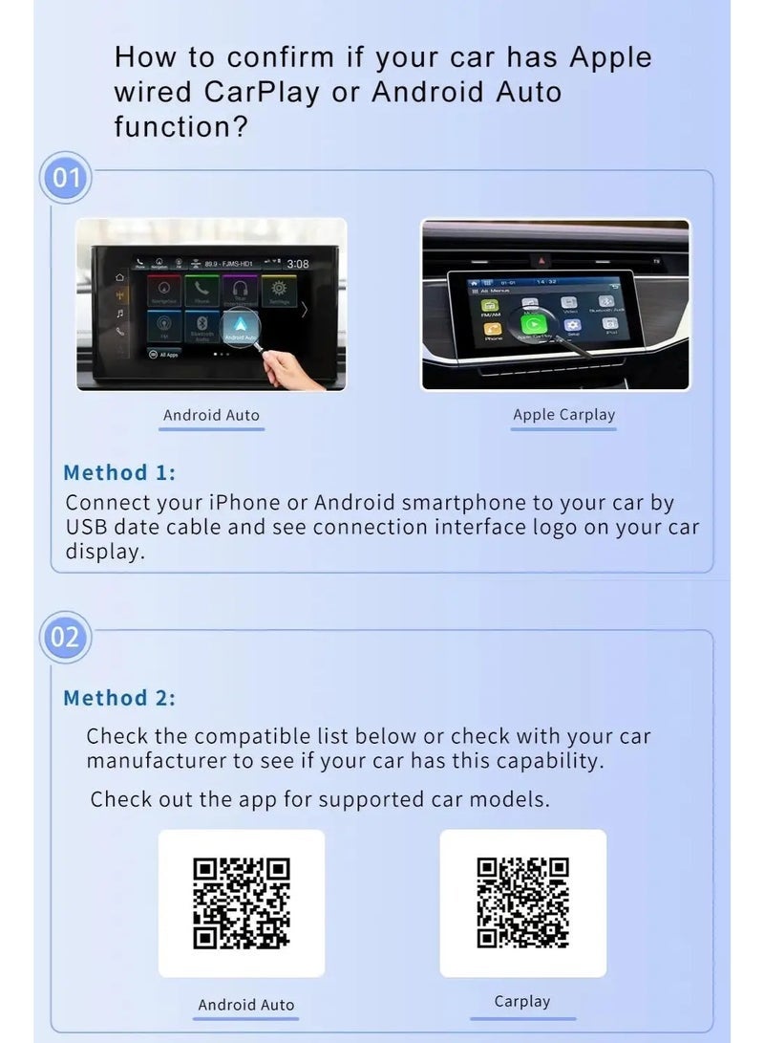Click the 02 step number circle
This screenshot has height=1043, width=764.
[65, 636]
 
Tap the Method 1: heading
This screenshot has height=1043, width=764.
[119, 472]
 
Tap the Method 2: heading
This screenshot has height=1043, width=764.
[119, 698]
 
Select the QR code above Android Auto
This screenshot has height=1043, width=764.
[241, 903]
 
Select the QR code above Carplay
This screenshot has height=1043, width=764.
[522, 902]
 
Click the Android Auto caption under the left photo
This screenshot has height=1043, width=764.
[211, 415]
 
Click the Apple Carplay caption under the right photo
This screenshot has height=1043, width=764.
[563, 415]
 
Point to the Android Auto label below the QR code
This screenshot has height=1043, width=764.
[245, 1005]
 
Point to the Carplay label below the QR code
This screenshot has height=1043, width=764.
[522, 1002]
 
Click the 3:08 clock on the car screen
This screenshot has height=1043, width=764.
[298, 264]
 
